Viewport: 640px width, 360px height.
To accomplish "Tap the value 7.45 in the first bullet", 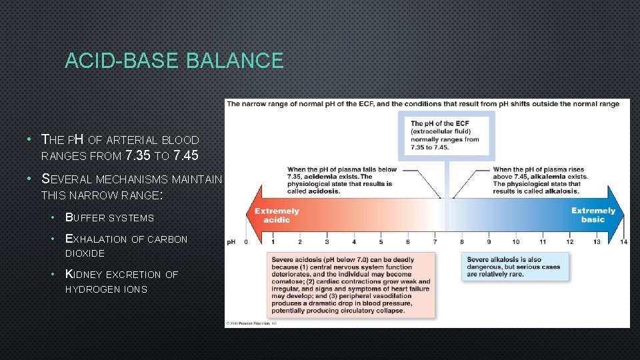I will click(x=186, y=157).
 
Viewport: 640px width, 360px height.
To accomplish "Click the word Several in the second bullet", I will click(x=67, y=179).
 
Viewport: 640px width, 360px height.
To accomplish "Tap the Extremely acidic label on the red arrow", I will click(x=277, y=215).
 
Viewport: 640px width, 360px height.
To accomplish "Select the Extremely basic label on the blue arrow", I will click(x=593, y=215).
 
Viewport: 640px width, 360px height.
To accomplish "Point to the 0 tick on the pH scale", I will click(x=245, y=241).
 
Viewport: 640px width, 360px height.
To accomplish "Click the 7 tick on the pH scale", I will click(x=435, y=241).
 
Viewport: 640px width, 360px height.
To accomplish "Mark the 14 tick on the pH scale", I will click(x=623, y=241).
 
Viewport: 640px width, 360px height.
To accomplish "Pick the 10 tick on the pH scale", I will click(x=515, y=241).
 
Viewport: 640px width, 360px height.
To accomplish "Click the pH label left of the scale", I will click(x=231, y=241).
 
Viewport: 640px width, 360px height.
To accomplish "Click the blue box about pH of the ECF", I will click(x=446, y=135).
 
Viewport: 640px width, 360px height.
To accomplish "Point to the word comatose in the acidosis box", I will click(x=287, y=281).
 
